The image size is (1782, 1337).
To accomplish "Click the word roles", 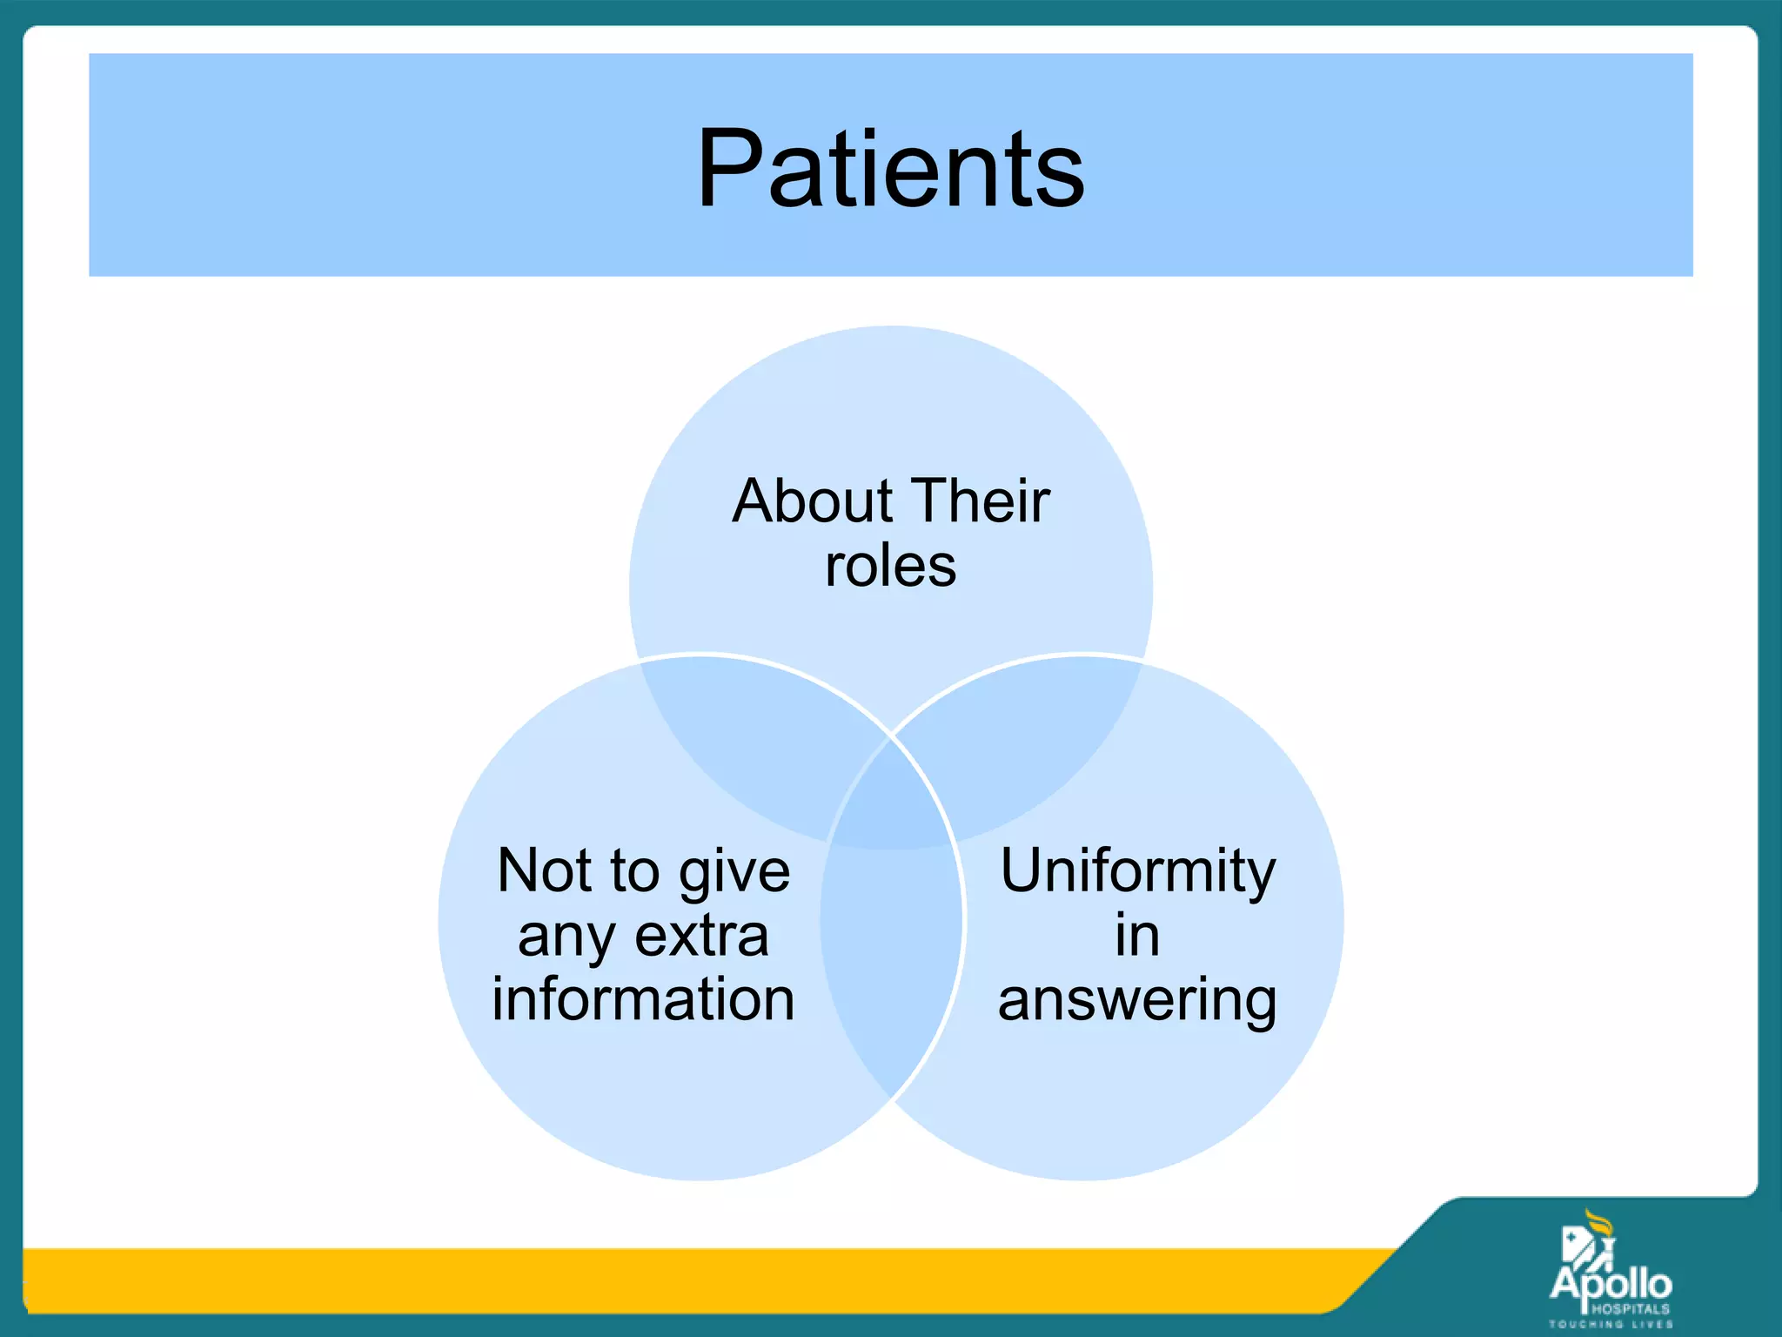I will tap(890, 566).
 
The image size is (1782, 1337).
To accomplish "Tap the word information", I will tap(643, 999).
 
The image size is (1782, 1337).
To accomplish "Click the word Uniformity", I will tap(1137, 872).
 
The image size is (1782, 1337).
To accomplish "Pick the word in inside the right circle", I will tap(1137, 936).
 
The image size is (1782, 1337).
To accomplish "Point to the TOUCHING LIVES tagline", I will tap(1611, 1324).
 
